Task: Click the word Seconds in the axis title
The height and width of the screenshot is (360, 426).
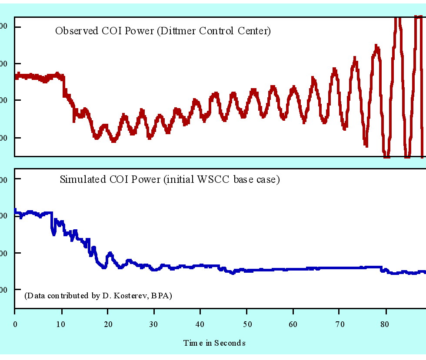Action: [230, 343]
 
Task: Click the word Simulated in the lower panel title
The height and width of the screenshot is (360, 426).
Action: [80, 179]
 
